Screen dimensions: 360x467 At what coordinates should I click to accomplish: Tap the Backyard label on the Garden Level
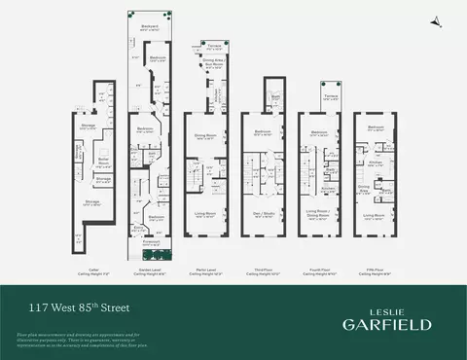(x=149, y=26)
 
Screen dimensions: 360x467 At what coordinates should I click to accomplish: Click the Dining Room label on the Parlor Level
(x=204, y=134)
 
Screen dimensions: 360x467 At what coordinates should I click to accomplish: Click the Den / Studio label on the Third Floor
(x=262, y=217)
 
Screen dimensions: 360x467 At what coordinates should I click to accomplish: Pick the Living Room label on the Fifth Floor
(x=377, y=217)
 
